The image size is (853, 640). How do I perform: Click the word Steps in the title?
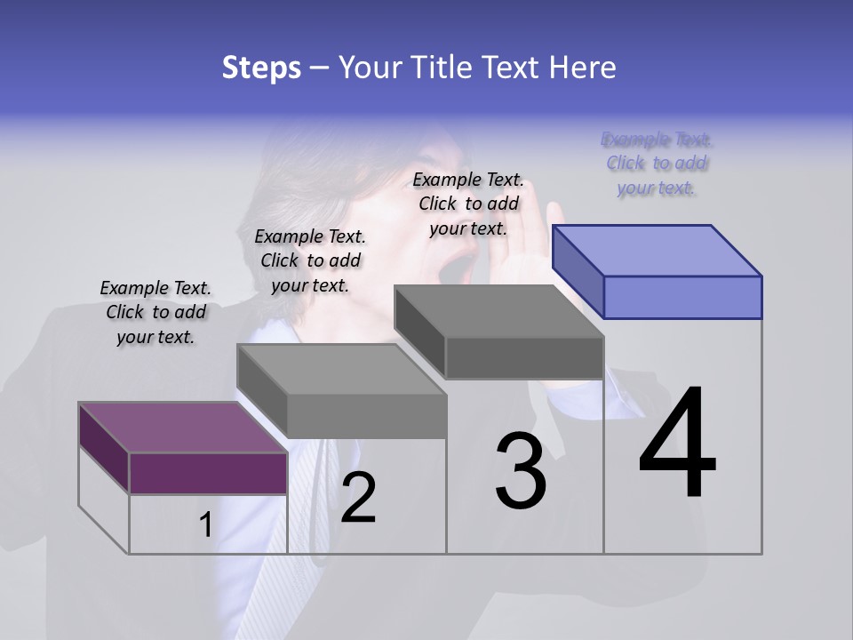tap(261, 68)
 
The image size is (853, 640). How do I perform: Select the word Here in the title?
tap(582, 68)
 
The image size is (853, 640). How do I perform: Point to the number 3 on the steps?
tap(521, 471)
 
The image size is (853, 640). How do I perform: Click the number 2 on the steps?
tap(358, 498)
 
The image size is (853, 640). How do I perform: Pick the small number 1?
tap(205, 525)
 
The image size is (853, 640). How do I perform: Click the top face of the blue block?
tap(658, 250)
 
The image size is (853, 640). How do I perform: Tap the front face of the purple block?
tap(208, 473)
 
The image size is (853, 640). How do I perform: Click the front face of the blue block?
tap(682, 297)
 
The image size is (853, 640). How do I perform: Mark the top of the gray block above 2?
tap(341, 369)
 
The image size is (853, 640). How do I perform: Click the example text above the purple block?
tap(155, 312)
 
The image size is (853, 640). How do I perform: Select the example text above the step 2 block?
tap(310, 260)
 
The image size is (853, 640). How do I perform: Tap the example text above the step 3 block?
tap(468, 204)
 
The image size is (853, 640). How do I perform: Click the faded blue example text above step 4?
tap(657, 164)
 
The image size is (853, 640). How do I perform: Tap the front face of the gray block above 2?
tap(367, 416)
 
